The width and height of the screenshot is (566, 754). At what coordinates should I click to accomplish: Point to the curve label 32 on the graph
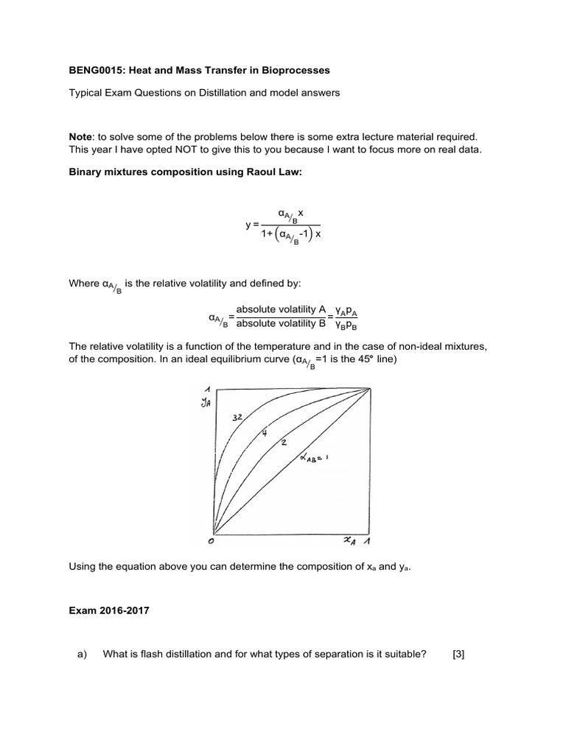click(x=238, y=417)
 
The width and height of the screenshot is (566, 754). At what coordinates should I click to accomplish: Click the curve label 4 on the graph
click(x=263, y=434)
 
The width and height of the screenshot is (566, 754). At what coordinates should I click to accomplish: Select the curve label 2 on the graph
click(x=283, y=443)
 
